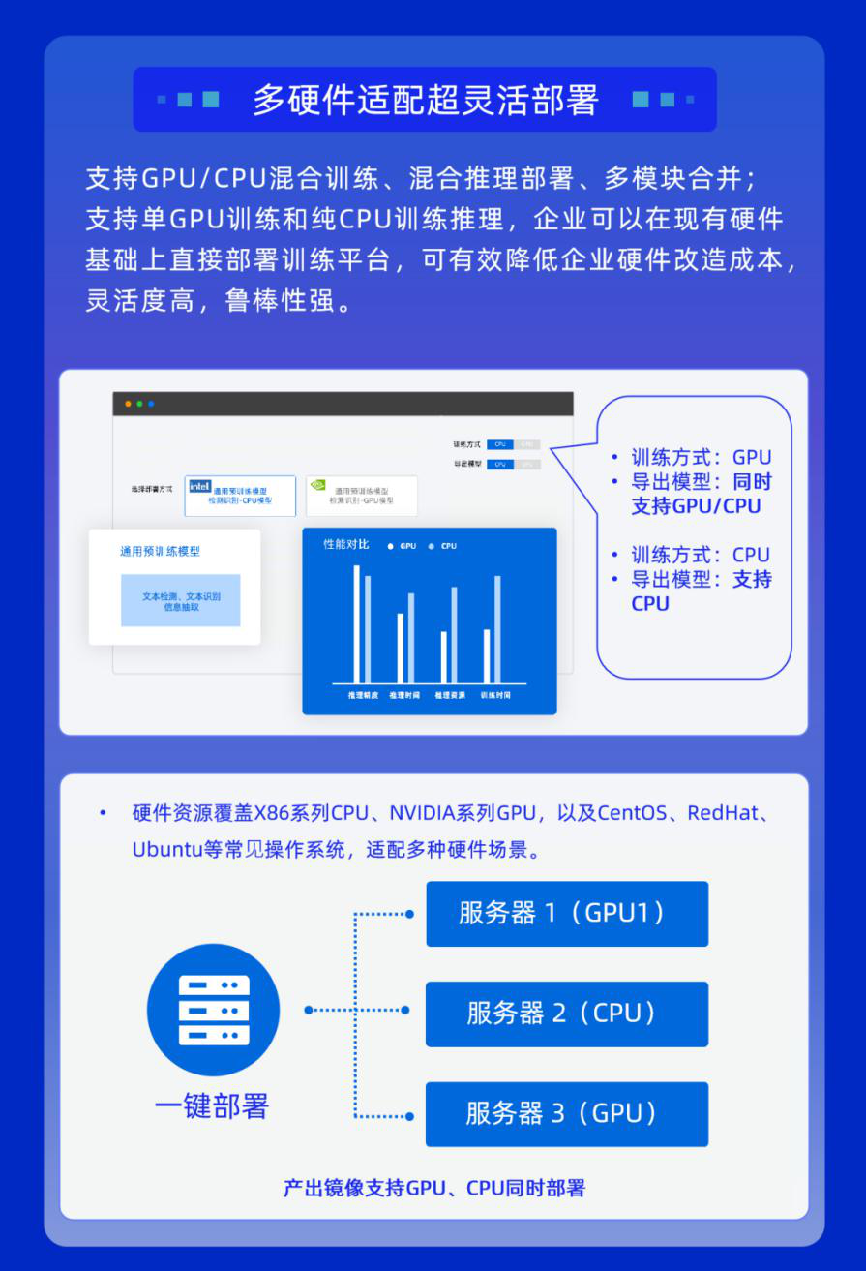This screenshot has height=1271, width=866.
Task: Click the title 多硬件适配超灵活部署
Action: click(x=425, y=100)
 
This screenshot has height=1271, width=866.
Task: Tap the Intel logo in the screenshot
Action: click(x=199, y=486)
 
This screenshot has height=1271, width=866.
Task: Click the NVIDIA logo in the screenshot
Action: click(x=317, y=486)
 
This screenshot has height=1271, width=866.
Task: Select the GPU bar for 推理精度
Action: click(x=356, y=623)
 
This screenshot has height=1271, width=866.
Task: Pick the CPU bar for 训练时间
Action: click(x=497, y=629)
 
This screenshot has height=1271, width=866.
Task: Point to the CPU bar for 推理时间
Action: click(x=410, y=638)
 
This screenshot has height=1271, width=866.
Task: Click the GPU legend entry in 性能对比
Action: click(x=403, y=546)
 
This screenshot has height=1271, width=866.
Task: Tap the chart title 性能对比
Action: click(x=345, y=545)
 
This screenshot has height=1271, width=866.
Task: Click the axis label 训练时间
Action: click(x=495, y=695)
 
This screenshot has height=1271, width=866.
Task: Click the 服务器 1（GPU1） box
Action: click(x=567, y=913)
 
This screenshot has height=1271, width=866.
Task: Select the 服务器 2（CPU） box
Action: click(x=567, y=1014)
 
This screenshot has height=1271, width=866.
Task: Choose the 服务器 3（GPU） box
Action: click(x=567, y=1114)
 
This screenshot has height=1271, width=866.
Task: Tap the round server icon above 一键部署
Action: click(x=214, y=1010)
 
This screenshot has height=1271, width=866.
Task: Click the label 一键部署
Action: click(x=212, y=1105)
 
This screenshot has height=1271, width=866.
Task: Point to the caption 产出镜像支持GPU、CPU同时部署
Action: click(x=433, y=1188)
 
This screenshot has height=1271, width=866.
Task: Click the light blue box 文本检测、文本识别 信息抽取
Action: click(x=180, y=600)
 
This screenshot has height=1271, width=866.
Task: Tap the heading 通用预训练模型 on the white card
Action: click(x=160, y=552)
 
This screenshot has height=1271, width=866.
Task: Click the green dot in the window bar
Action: click(x=139, y=404)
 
